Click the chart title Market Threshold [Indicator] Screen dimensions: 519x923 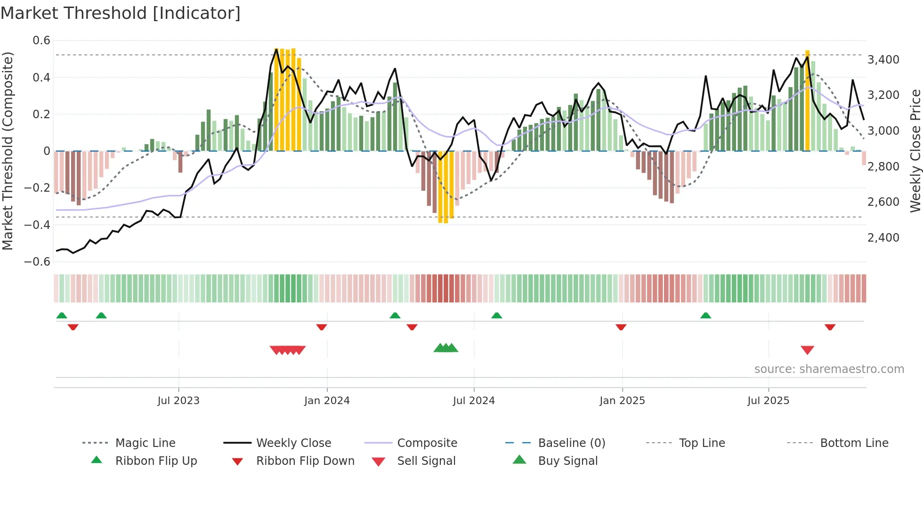[x=121, y=13]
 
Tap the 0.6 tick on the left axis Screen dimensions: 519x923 [x=41, y=41]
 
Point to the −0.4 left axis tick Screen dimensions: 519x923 [x=37, y=225]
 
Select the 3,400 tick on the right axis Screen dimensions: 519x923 [x=883, y=60]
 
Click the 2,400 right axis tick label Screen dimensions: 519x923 [x=883, y=238]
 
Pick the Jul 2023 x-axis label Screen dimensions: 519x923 [x=178, y=401]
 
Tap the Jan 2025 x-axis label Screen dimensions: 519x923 [x=622, y=401]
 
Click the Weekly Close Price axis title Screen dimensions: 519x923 [x=915, y=151]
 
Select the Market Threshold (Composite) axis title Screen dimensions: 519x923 [x=8, y=151]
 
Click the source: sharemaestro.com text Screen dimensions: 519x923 [x=829, y=369]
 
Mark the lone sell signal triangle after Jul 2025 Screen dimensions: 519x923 [x=807, y=350]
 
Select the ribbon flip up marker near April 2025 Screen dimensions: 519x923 [x=705, y=316]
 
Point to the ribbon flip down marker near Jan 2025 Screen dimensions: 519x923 [x=621, y=327]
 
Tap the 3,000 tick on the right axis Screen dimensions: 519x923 [x=883, y=131]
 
